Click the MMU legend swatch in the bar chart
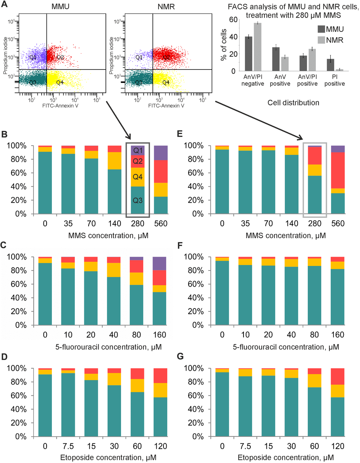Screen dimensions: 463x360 click(x=321, y=29)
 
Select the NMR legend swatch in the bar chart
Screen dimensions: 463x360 click(x=321, y=40)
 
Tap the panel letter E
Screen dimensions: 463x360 click(x=180, y=134)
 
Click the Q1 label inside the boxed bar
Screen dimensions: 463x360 click(x=138, y=151)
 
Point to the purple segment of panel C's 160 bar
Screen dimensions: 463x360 click(x=160, y=263)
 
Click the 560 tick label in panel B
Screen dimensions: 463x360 click(x=161, y=224)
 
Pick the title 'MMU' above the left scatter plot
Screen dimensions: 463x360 click(x=60, y=7)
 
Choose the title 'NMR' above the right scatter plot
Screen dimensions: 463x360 click(x=166, y=7)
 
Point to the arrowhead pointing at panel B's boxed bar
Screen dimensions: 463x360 click(x=128, y=137)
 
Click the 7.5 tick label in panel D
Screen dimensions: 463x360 click(x=68, y=446)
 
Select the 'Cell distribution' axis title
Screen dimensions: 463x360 click(x=293, y=103)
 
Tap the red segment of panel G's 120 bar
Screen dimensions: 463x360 click(x=338, y=376)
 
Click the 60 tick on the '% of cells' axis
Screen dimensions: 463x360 click(x=233, y=19)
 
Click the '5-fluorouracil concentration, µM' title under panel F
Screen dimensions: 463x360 click(x=286, y=347)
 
